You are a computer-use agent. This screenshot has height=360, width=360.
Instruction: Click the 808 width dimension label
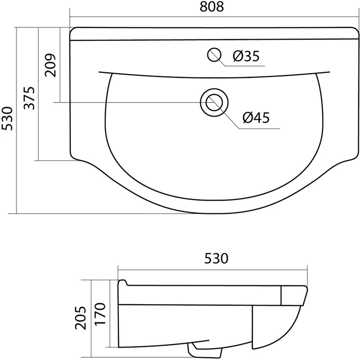click(x=211, y=7)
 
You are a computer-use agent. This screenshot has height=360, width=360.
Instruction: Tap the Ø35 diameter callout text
click(x=246, y=56)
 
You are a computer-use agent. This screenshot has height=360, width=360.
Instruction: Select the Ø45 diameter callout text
click(x=256, y=117)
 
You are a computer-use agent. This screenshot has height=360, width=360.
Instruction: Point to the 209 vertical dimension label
click(x=50, y=65)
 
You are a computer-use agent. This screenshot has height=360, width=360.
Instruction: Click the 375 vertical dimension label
click(x=30, y=98)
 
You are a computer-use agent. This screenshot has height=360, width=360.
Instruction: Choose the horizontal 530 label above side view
click(x=216, y=258)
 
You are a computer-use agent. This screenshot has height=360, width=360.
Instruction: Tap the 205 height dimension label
click(x=81, y=318)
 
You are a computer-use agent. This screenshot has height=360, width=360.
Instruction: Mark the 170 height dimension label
click(x=100, y=314)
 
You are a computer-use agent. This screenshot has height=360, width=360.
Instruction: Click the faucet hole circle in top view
click(x=214, y=55)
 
